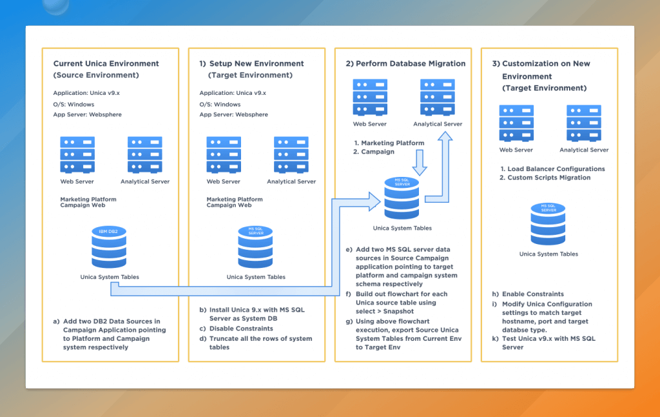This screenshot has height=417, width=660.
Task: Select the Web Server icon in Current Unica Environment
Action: click(x=77, y=155)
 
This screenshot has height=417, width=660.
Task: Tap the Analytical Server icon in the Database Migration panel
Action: click(x=438, y=97)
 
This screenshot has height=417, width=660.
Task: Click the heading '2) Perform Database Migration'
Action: click(x=405, y=64)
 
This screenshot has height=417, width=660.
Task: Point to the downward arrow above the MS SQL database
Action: click(x=419, y=163)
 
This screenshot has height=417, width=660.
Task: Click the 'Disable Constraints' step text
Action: click(x=240, y=329)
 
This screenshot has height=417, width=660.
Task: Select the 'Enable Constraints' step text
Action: click(x=533, y=294)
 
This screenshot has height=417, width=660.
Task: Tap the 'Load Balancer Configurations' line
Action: click(x=552, y=169)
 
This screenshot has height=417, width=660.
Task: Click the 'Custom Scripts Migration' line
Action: click(x=548, y=178)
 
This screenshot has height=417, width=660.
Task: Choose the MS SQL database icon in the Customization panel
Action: click(x=548, y=224)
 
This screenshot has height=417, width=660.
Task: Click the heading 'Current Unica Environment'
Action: click(x=106, y=64)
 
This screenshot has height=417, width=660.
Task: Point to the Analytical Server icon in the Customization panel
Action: click(x=584, y=123)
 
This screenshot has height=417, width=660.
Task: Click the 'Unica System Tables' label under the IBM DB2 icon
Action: click(x=110, y=277)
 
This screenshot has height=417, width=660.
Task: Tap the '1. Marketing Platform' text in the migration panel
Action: click(x=389, y=143)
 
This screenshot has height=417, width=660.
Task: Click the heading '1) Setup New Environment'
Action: click(x=251, y=64)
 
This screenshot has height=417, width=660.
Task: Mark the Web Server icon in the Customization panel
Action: click(x=516, y=123)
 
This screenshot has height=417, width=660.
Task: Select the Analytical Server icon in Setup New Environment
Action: click(x=291, y=155)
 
